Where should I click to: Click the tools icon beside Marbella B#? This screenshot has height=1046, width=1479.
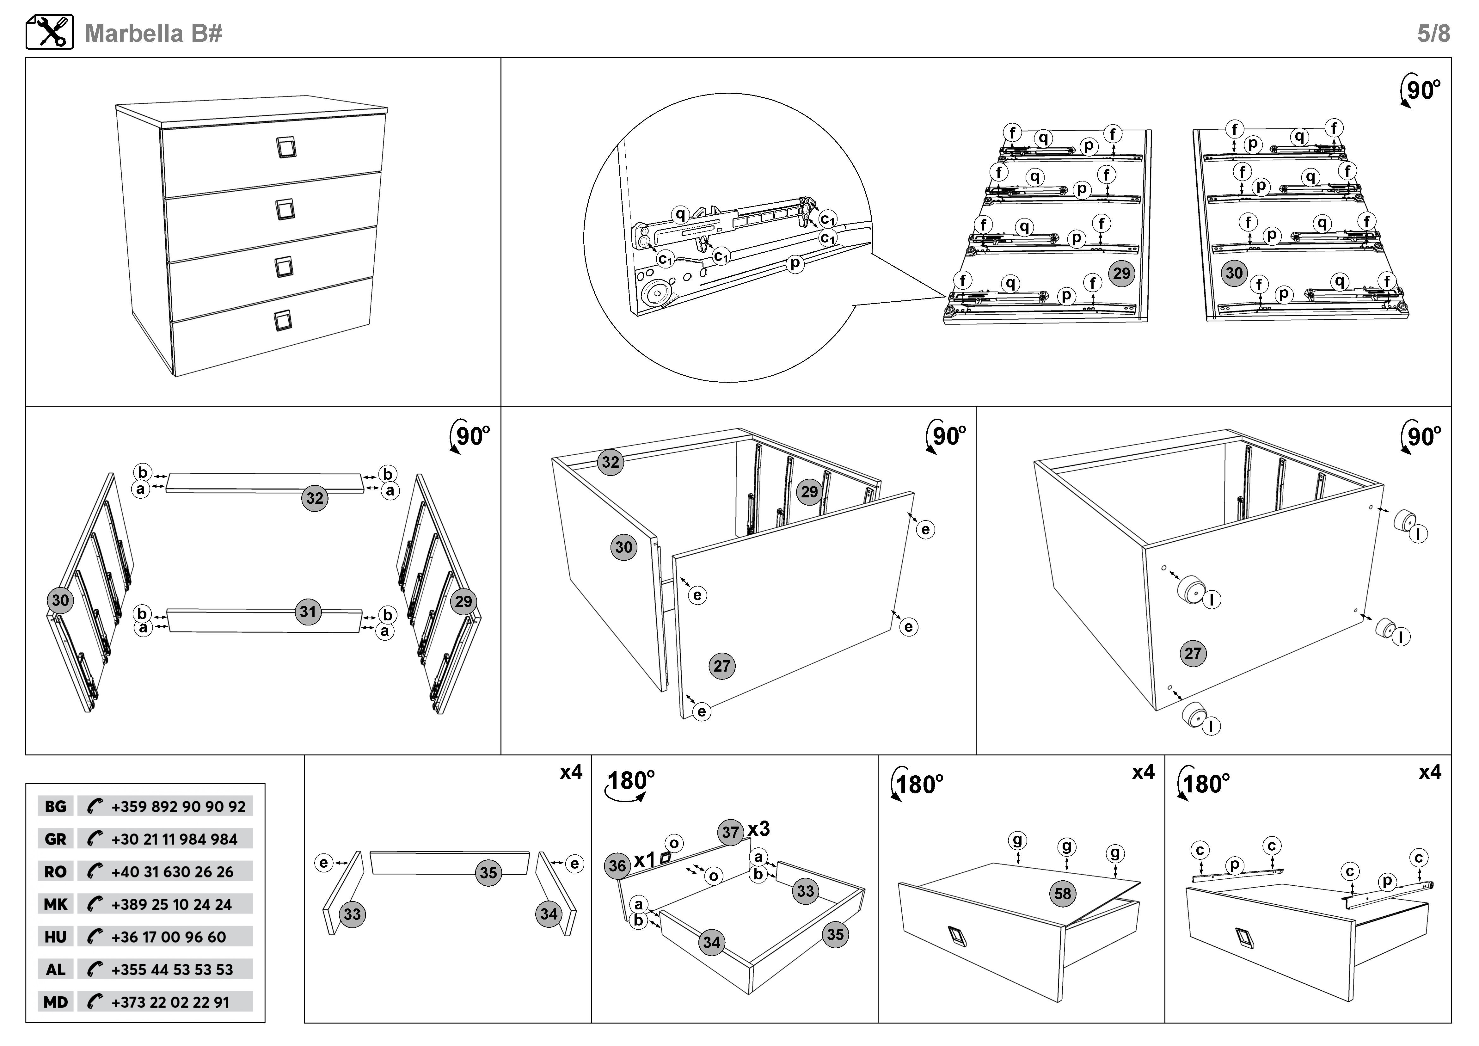(x=50, y=32)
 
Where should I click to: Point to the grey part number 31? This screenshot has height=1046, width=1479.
(x=308, y=611)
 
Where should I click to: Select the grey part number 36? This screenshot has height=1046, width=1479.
(x=617, y=865)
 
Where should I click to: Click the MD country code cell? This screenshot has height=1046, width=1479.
(x=55, y=1002)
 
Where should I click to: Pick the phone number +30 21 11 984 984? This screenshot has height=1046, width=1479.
(x=174, y=839)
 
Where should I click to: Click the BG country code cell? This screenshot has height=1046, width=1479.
(x=55, y=806)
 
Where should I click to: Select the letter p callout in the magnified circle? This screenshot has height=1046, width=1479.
(x=795, y=263)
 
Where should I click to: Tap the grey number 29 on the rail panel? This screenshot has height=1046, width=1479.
(x=1121, y=273)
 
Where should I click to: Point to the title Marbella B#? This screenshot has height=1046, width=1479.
(x=153, y=33)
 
